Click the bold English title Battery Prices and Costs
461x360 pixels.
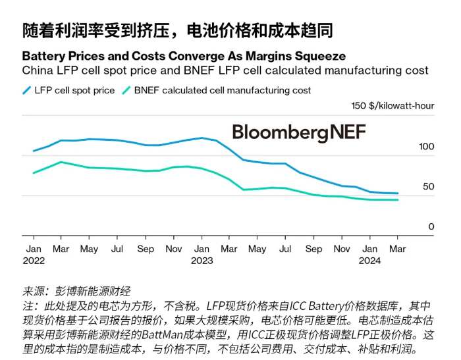(x=184, y=56)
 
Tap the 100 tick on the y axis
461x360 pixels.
(x=426, y=146)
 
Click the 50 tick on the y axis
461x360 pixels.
(x=429, y=186)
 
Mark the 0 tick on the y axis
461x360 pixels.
(x=431, y=226)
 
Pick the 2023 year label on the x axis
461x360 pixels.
(x=202, y=261)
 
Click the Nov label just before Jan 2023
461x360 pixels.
(x=174, y=249)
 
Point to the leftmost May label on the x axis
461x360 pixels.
(x=89, y=249)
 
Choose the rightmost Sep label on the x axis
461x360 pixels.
(x=314, y=249)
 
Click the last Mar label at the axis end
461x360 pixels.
(x=398, y=249)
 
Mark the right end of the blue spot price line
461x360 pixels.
(x=398, y=193)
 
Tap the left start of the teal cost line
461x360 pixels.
(x=34, y=173)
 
